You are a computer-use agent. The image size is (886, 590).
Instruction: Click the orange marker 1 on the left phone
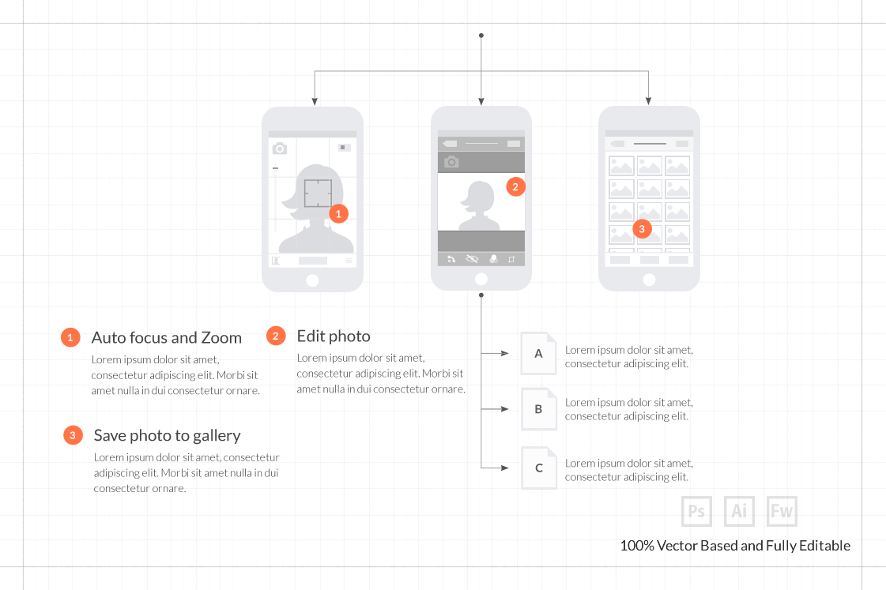(x=338, y=213)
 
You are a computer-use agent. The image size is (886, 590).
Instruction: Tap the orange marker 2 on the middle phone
(x=515, y=187)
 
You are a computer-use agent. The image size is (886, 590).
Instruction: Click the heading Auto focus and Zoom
(x=166, y=338)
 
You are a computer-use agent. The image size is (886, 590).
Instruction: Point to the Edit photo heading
(x=333, y=336)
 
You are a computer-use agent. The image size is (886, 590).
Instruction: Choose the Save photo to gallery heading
(x=167, y=436)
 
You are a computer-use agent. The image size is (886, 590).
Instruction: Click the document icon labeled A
(x=539, y=353)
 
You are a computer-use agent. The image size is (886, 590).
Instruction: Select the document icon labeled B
(x=539, y=409)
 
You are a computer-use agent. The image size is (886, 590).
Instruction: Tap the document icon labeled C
(x=539, y=468)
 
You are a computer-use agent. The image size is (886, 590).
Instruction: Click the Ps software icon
(x=696, y=511)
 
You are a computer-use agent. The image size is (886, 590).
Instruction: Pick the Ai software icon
(x=739, y=511)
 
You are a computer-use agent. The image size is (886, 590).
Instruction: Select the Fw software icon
(x=782, y=511)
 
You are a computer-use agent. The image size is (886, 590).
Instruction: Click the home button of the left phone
(x=312, y=280)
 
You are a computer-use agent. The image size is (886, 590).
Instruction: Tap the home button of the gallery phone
(x=649, y=280)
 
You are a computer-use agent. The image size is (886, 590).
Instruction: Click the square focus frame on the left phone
(x=318, y=193)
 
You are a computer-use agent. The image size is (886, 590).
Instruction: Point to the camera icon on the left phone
(x=280, y=148)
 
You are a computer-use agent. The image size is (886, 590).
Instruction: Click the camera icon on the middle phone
(x=451, y=162)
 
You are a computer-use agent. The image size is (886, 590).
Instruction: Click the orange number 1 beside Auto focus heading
(x=70, y=338)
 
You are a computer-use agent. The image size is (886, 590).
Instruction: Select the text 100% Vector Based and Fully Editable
(x=735, y=546)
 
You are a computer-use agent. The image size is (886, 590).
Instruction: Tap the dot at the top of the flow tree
(x=481, y=36)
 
